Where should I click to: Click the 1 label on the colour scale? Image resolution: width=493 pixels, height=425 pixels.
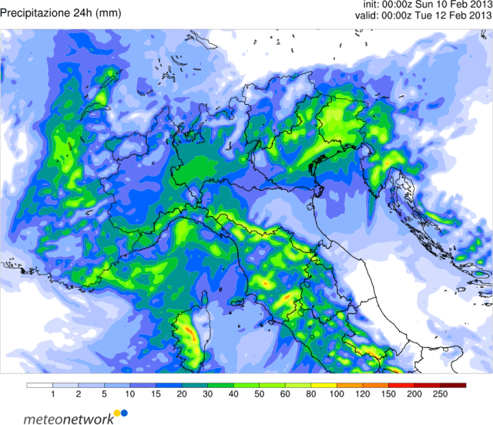click(52, 395)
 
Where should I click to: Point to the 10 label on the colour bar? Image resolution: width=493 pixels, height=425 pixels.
click(129, 395)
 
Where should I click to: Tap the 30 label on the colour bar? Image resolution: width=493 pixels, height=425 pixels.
click(208, 395)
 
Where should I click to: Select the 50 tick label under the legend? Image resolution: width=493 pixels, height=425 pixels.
click(260, 395)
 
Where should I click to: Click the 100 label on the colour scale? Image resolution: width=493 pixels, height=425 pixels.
click(337, 395)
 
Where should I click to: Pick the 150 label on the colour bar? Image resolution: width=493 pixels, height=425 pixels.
click(389, 395)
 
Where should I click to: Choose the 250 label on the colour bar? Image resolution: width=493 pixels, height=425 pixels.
click(441, 395)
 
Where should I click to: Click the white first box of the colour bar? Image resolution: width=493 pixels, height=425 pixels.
click(39, 385)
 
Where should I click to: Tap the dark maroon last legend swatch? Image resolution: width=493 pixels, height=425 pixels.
click(454, 385)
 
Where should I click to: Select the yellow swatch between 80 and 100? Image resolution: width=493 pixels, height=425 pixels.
click(324, 385)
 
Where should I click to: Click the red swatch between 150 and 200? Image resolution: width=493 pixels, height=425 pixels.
click(402, 385)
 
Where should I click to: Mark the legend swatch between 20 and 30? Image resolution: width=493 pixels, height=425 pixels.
click(195, 385)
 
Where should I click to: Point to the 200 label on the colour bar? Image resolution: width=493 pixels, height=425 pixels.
click(415, 395)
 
